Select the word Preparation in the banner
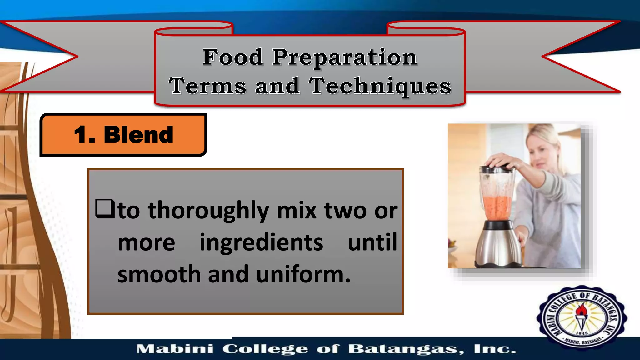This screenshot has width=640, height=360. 345,58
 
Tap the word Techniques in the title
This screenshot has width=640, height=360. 380,86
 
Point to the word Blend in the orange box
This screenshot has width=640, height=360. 138,135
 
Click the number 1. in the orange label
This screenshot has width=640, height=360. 84,135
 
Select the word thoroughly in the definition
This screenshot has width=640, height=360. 208,211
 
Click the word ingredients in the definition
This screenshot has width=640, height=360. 261,242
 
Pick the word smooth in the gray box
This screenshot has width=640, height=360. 159,274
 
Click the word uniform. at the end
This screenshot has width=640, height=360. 303,274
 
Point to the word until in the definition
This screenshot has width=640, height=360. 372,242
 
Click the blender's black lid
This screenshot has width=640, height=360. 497,170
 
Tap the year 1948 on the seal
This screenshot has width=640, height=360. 582,333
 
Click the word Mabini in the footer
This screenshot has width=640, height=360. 175,349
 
